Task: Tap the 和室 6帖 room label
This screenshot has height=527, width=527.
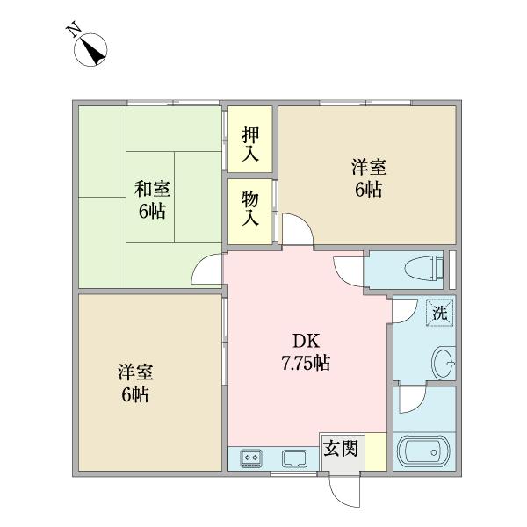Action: point(153,200)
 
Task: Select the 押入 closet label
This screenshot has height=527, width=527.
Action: point(250,146)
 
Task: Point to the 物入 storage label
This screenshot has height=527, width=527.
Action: point(250,207)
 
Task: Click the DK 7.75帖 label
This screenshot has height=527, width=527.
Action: point(304,350)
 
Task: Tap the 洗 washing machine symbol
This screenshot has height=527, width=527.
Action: point(438,311)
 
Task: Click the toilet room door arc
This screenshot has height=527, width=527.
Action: point(350,271)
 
